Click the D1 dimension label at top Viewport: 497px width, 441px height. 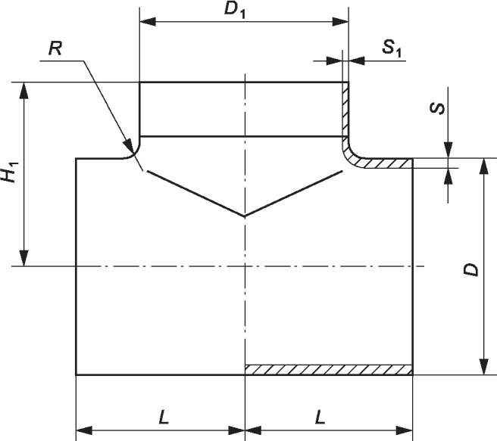pos(235,10)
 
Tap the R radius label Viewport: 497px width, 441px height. pos(55,49)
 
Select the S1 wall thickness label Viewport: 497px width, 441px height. pos(392,48)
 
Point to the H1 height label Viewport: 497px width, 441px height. pos(10,172)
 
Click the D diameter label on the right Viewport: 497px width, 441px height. pos(470,269)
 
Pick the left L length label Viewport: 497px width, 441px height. pos(164,417)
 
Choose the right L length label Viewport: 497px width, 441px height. pos(320,417)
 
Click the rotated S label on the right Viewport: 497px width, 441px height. pos(437,108)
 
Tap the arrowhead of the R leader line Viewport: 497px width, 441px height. pos(130,148)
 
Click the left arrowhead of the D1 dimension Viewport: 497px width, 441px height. pos(148,22)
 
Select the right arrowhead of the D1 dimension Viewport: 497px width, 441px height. pos(340,22)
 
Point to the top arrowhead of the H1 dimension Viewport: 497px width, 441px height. pos(23,91)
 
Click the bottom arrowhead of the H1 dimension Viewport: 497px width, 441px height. pos(23,258)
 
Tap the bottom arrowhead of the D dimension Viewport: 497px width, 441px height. pos(483,367)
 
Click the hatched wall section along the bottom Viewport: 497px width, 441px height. pos(329,370)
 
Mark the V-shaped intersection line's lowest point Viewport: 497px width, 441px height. pos(245,216)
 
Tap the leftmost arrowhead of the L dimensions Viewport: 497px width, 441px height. pos(84,430)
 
